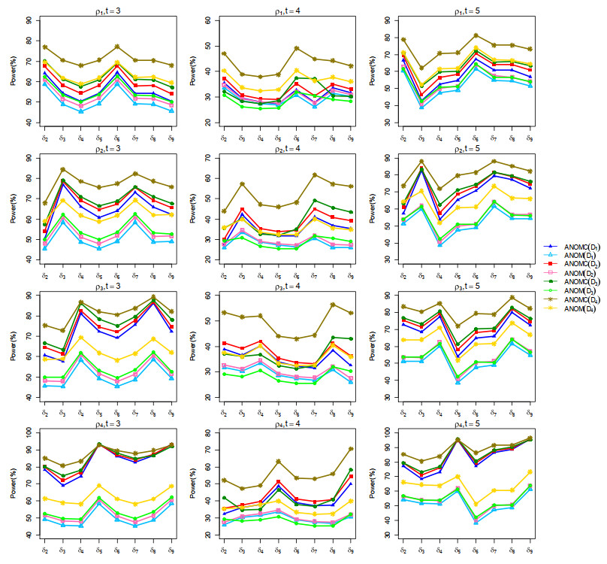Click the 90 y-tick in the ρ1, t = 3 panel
click(29, 20)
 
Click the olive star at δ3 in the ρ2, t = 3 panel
click(63, 170)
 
